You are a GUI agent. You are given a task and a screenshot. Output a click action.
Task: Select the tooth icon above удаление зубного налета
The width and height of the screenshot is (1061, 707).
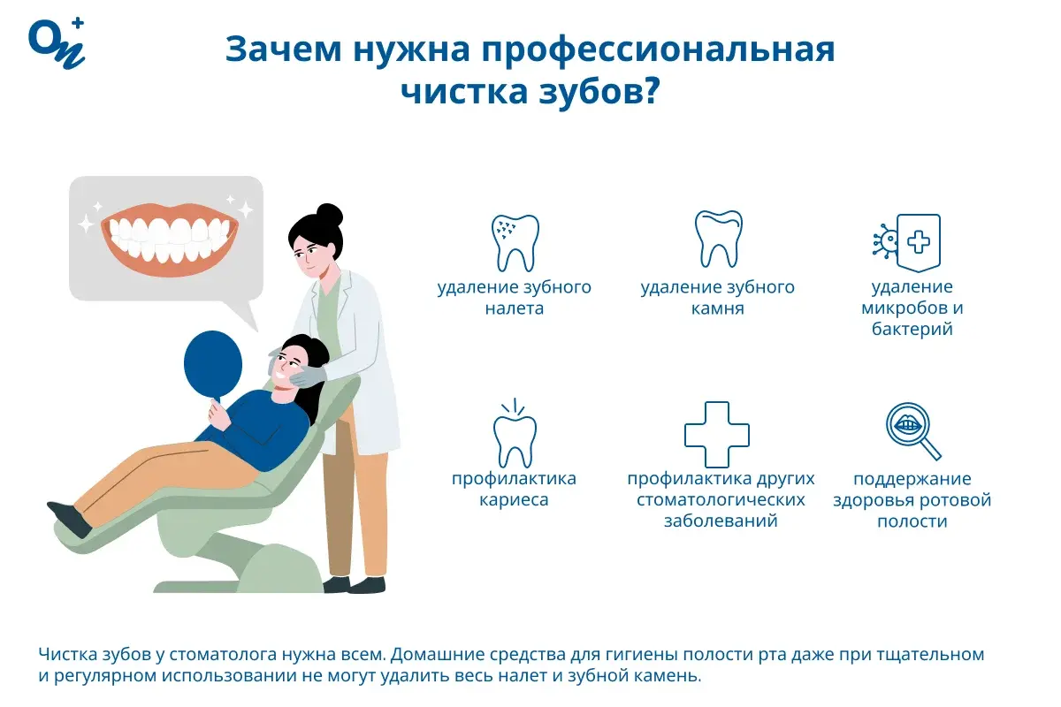[x=515, y=241]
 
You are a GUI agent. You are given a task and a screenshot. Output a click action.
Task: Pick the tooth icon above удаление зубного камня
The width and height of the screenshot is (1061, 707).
[x=717, y=239]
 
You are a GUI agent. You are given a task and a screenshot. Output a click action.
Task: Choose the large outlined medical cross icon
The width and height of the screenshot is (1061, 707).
[x=717, y=434]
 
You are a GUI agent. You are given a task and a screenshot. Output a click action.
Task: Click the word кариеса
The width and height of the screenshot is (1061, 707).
[x=514, y=500]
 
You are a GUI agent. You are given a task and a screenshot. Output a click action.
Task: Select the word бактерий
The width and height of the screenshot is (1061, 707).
[x=912, y=330]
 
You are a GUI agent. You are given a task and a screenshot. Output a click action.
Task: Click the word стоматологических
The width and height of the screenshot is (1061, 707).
[x=721, y=500]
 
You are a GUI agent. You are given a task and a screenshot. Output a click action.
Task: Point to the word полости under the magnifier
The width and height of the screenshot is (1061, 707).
[x=912, y=521]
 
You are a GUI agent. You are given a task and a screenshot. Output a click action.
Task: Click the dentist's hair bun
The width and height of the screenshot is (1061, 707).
[x=329, y=214]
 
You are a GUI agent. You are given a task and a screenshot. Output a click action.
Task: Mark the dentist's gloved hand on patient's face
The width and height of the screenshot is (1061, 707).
[x=305, y=376]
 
